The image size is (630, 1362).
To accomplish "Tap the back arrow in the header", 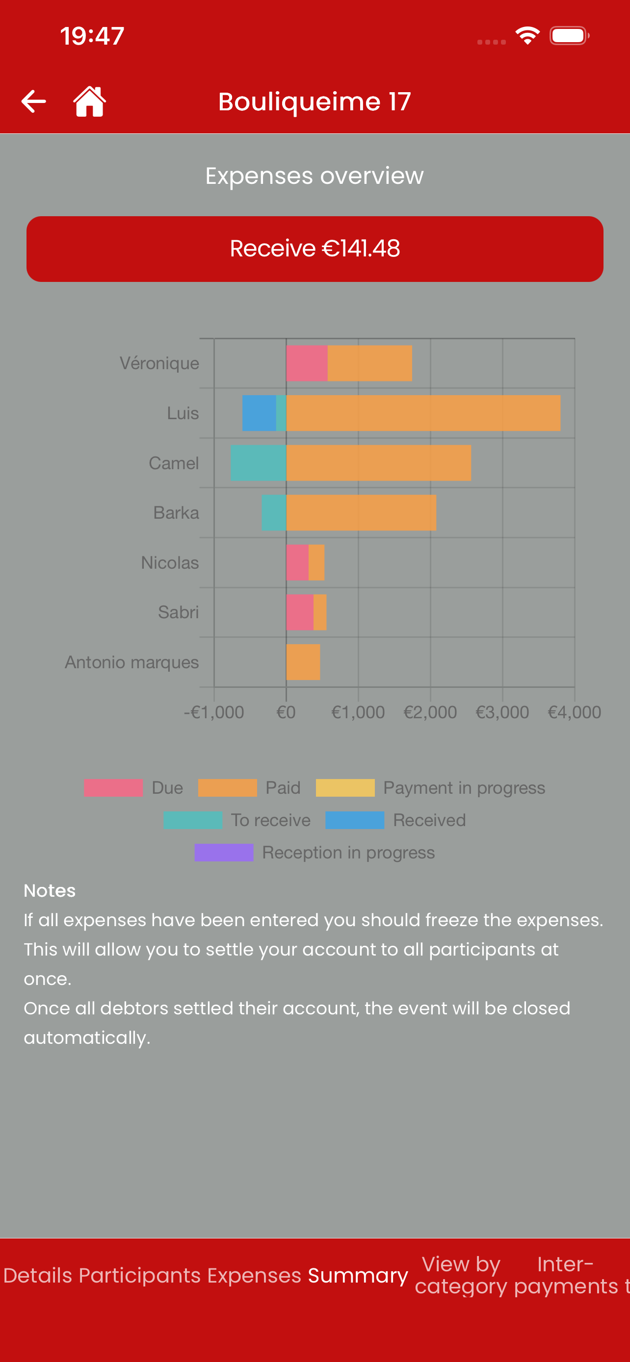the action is pyautogui.click(x=33, y=101).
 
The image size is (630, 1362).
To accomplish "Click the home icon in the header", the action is pyautogui.click(x=89, y=101).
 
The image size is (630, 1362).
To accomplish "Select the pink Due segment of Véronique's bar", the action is pyautogui.click(x=307, y=363).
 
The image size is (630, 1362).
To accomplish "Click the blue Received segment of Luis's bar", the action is pyautogui.click(x=259, y=413).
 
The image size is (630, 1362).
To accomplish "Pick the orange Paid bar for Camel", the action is pyautogui.click(x=379, y=463).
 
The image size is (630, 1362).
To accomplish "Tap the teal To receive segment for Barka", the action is pyautogui.click(x=274, y=513).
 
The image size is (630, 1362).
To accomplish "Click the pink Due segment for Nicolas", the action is pyautogui.click(x=297, y=562).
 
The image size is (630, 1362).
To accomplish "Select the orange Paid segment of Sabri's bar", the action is pyautogui.click(x=320, y=612).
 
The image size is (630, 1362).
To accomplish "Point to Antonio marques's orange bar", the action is pyautogui.click(x=303, y=662).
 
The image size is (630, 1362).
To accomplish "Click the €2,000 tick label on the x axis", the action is pyautogui.click(x=430, y=712).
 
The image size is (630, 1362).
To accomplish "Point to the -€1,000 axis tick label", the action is pyautogui.click(x=214, y=712).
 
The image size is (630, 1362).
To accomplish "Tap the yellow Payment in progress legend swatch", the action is pyautogui.click(x=345, y=788).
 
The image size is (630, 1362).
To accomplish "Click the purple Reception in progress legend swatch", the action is pyautogui.click(x=224, y=852).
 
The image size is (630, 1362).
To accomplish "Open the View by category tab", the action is pyautogui.click(x=461, y=1275).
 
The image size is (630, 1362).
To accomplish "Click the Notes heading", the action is pyautogui.click(x=50, y=891).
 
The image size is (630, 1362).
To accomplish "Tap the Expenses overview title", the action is pyautogui.click(x=315, y=176).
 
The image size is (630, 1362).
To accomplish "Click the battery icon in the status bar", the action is pyautogui.click(x=569, y=36).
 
